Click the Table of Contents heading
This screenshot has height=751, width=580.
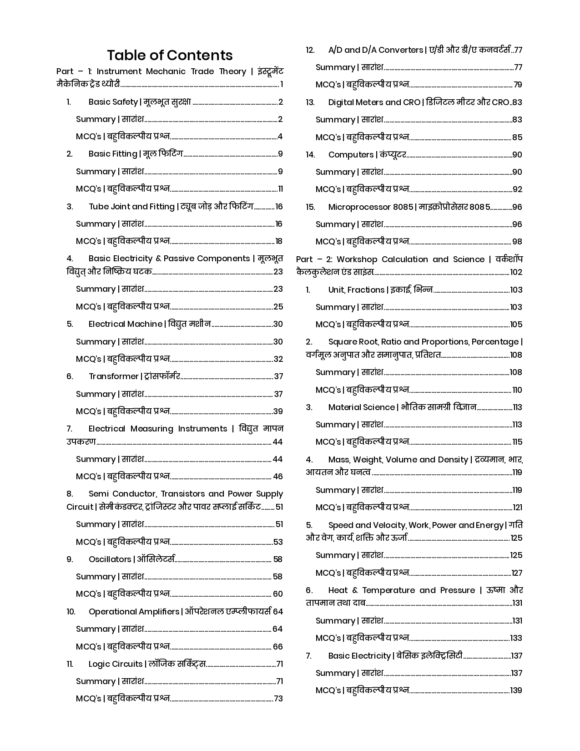170,55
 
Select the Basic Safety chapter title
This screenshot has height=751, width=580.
113,102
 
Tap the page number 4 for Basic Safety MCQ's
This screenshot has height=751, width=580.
280,137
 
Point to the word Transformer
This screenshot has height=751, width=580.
113,376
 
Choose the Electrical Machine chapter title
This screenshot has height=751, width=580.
125,324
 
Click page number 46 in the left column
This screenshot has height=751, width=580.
277,477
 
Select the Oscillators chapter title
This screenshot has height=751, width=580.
110,559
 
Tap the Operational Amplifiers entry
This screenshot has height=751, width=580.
134,612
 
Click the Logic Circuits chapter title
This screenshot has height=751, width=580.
115,664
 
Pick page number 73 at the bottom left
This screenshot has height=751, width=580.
278,699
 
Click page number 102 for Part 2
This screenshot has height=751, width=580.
516,272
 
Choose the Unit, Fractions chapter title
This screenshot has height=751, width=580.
356,290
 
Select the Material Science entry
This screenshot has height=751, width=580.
361,407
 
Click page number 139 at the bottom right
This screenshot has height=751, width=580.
516,690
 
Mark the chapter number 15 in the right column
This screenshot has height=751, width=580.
310,207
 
